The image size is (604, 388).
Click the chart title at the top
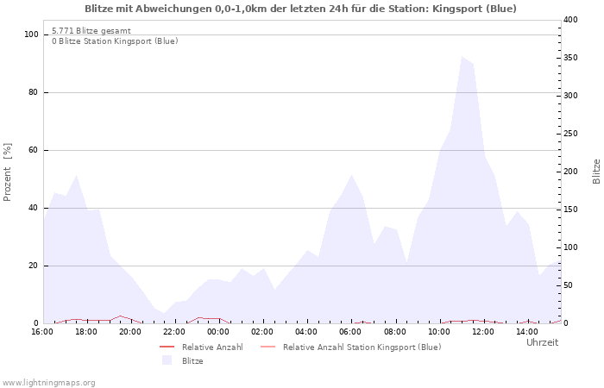301,9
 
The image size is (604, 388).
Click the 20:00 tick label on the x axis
129,332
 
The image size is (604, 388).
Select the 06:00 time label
350,332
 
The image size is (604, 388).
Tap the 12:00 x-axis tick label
483,332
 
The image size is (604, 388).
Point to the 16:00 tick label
41,332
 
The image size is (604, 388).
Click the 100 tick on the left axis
32,34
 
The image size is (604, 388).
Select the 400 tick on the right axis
571,20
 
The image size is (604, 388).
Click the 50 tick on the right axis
569,285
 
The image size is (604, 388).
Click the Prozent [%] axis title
8,172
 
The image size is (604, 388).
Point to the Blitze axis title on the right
596,171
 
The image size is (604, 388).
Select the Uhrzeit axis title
542,342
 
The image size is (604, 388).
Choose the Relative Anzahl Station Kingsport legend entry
362,347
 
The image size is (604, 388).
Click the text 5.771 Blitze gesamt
91,30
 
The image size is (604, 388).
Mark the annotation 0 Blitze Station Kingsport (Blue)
115,41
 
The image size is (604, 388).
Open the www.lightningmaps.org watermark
49,382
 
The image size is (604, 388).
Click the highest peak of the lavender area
462,58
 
